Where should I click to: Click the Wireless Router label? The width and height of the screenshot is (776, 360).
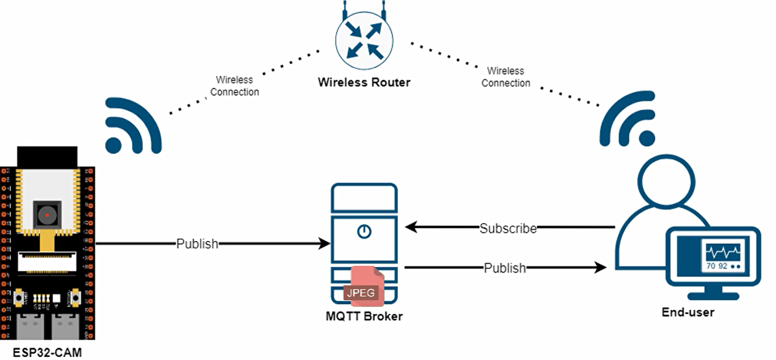point(364,83)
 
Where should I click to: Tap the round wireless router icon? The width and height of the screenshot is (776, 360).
point(364,39)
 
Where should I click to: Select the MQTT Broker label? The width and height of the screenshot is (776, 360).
point(364,316)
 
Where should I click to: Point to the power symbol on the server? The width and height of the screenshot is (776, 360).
point(363,231)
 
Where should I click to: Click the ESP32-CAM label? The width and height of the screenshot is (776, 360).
point(47,352)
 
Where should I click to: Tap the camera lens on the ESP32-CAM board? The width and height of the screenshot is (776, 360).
point(47,214)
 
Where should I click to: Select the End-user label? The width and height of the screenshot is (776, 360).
point(688,312)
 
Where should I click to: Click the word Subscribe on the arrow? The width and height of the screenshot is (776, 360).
point(508,228)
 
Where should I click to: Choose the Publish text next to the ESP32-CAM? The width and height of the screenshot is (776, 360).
point(197,243)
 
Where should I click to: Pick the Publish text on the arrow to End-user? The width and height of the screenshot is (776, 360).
point(505,268)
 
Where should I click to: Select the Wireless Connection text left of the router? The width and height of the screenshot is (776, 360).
point(234,86)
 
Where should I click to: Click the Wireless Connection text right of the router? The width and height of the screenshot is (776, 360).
point(506,77)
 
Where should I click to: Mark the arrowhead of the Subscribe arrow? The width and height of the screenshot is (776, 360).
point(411,227)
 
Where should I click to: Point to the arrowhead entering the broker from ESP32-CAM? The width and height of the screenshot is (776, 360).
point(325,243)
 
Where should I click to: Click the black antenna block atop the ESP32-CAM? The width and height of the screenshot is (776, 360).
point(47,157)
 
